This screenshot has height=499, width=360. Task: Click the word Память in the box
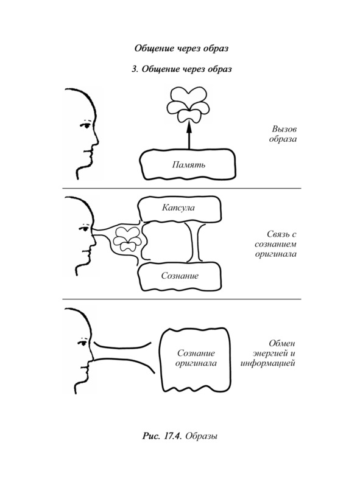pos(189,164)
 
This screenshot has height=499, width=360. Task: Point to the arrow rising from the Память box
pos(189,136)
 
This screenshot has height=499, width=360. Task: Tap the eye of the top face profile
pos(86,125)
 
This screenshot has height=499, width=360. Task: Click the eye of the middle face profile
pos(85,229)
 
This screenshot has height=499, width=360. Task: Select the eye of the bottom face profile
pos(84,343)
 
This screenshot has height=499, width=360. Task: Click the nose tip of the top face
pos(98,141)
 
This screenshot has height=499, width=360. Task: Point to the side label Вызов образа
pos(283,134)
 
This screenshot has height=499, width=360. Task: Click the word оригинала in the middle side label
pos(275,254)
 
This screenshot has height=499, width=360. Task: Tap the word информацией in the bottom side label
pos(267,363)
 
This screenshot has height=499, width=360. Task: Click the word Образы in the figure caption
pos(202,436)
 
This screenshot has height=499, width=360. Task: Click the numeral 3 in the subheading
pos(134,69)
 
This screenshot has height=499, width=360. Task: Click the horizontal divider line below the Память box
pos(182,189)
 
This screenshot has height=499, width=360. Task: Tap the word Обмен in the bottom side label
pos(282,344)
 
